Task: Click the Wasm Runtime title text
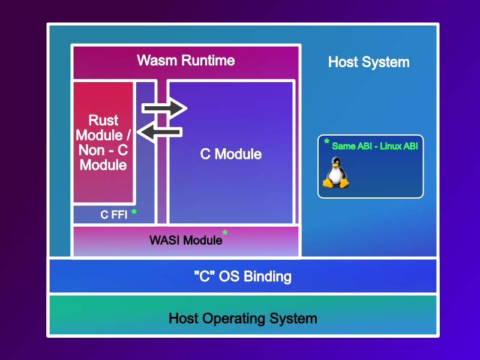(x=185, y=61)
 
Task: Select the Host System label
(x=368, y=62)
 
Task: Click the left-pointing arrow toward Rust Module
(x=159, y=132)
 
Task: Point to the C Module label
(x=230, y=154)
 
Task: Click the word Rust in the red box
(x=103, y=120)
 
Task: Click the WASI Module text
(x=185, y=241)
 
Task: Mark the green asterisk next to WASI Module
(x=225, y=233)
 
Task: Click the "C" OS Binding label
(x=242, y=277)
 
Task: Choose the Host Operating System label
(x=242, y=318)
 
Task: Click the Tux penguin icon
(x=336, y=173)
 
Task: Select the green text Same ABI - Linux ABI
(x=374, y=146)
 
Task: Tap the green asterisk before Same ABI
(x=327, y=142)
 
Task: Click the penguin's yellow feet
(x=336, y=185)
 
